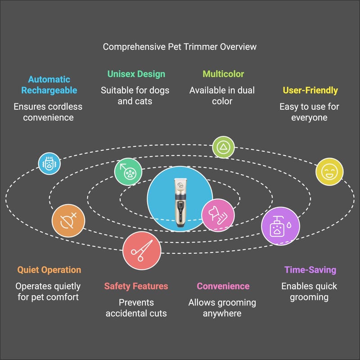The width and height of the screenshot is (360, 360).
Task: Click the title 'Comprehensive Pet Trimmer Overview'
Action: click(x=180, y=47)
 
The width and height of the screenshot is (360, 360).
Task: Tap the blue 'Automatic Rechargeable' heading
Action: click(x=49, y=85)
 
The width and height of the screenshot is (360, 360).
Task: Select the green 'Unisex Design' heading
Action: click(x=136, y=74)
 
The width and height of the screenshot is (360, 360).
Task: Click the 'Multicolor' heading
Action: click(x=223, y=74)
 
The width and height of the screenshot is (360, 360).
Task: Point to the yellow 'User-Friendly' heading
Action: click(x=310, y=90)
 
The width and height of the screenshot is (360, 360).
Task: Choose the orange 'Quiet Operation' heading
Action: click(x=49, y=270)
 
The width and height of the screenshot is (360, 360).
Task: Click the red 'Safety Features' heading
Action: click(x=136, y=286)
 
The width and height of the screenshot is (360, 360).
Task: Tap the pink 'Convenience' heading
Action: click(x=223, y=286)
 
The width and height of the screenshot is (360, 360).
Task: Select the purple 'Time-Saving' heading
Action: click(x=310, y=270)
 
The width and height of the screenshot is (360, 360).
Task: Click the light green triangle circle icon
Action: click(x=223, y=147)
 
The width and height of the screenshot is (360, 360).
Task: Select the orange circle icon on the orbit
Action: click(x=68, y=221)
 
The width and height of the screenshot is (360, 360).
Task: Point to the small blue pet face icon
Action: click(x=49, y=163)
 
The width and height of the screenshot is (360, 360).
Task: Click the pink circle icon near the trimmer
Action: click(x=218, y=215)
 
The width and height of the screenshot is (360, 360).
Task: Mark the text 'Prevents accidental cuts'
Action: click(x=136, y=307)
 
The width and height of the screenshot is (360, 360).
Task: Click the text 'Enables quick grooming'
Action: click(x=310, y=292)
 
